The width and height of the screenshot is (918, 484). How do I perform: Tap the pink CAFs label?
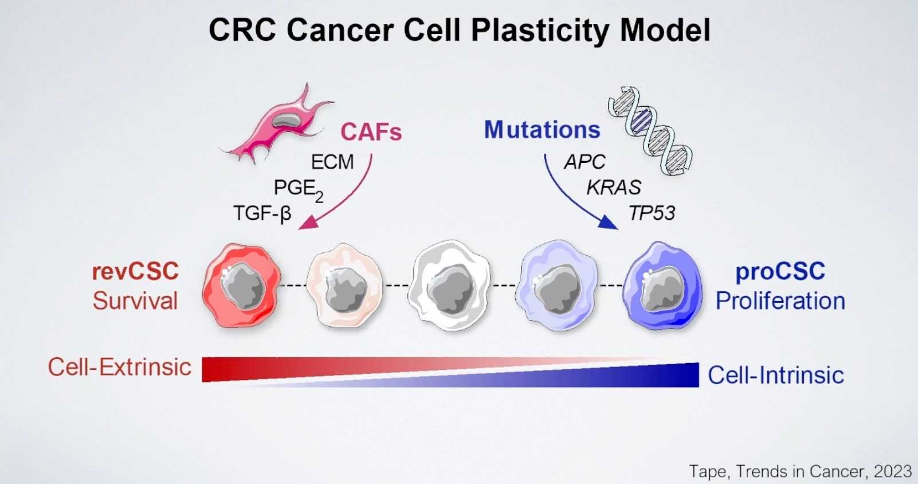coord(371,132)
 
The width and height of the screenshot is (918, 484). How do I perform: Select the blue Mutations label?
coord(542,130)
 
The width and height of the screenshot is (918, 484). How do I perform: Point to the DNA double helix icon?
coord(650,130)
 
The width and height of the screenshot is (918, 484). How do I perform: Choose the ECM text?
coord(332,162)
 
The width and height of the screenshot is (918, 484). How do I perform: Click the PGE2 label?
coord(298,189)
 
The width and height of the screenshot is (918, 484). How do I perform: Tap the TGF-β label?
coord(262,213)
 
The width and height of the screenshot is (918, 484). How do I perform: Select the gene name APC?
coord(584,162)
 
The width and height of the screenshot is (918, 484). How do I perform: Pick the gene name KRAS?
coord(614,188)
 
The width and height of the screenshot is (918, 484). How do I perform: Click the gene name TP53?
coord(652,213)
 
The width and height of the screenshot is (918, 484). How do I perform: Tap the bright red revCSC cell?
coord(241,286)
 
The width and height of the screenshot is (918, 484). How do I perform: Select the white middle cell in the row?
coord(452,286)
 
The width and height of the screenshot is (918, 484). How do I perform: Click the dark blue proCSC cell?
coord(662,286)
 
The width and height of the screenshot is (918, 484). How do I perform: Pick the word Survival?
coord(135,301)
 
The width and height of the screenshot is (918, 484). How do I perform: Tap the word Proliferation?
coord(780,301)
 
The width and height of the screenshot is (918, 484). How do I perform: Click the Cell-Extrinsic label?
coord(119,367)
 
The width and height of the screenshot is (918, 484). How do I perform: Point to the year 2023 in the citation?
coord(892,471)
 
